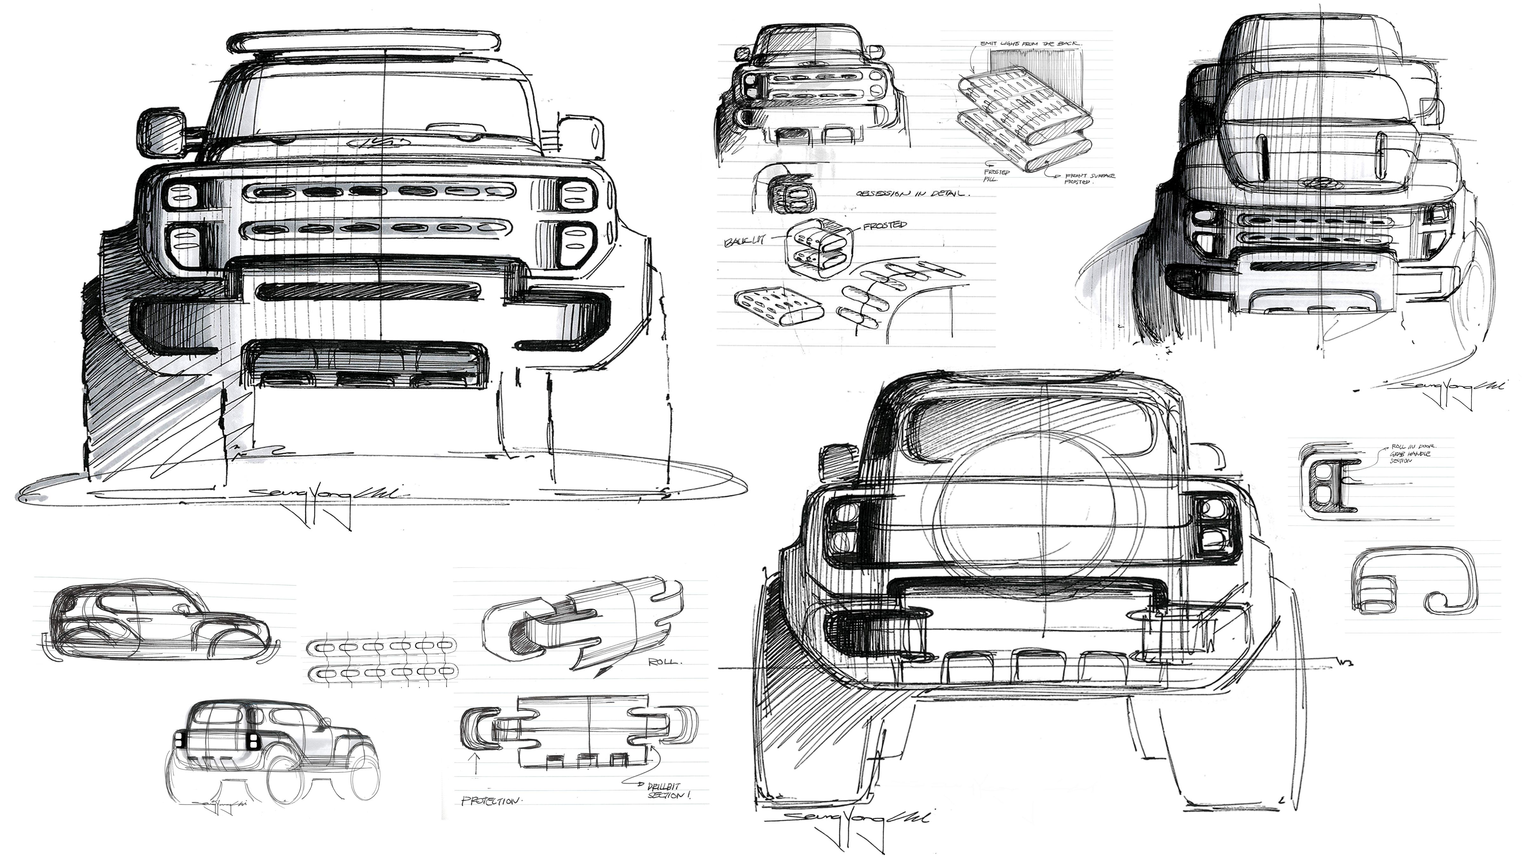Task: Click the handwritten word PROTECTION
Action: (x=491, y=801)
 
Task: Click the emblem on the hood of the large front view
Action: (x=379, y=142)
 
